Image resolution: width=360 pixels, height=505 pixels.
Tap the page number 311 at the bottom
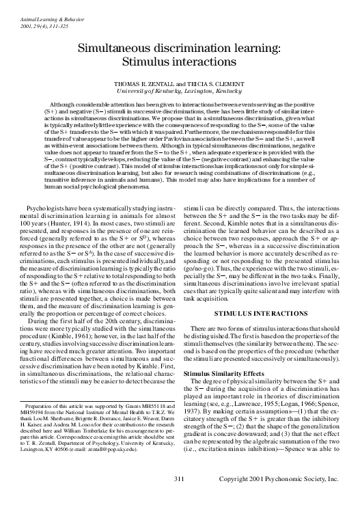point(180,480)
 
